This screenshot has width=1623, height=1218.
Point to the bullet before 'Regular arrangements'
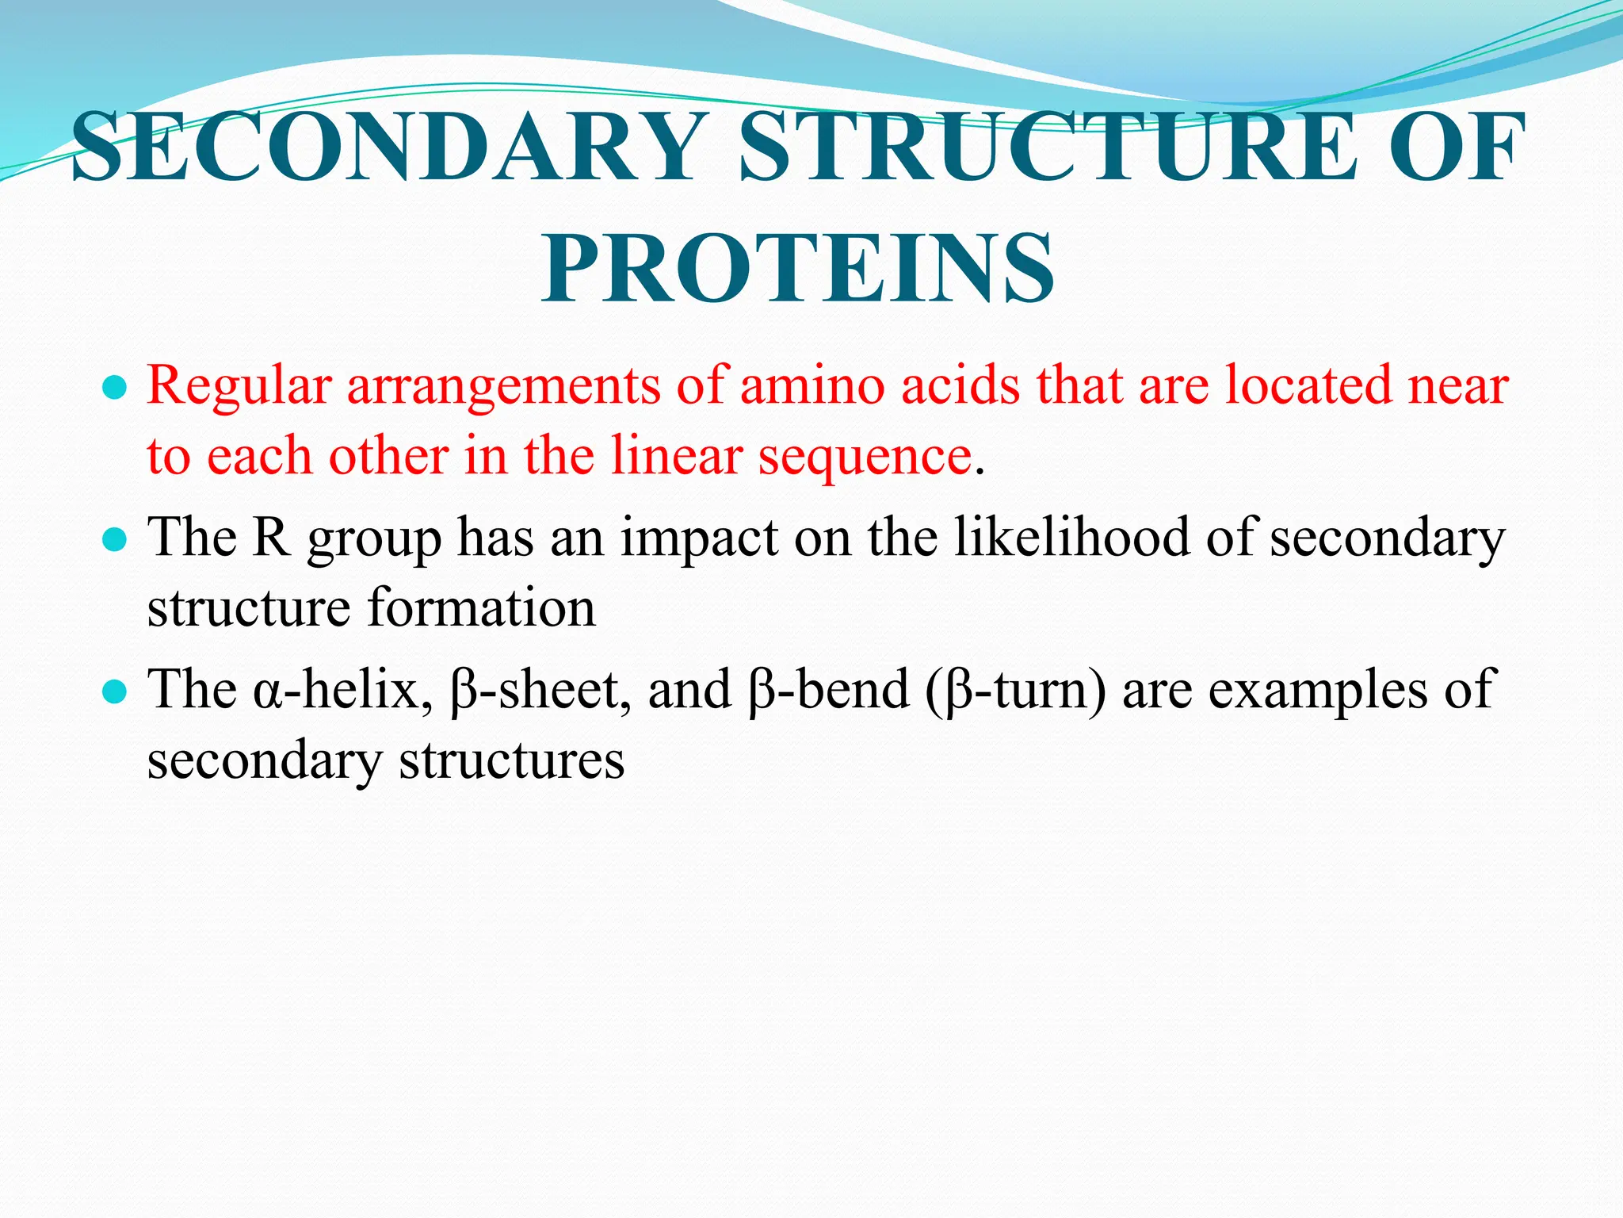coord(116,389)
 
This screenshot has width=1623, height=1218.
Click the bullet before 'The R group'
coord(116,540)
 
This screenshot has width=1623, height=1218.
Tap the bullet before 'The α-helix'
coord(116,691)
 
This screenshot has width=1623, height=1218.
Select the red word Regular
coord(239,387)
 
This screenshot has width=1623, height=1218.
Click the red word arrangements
coord(503,387)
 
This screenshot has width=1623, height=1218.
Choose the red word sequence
coord(864,458)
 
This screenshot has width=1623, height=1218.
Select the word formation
coord(481,608)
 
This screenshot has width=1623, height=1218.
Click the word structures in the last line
coord(511,760)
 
